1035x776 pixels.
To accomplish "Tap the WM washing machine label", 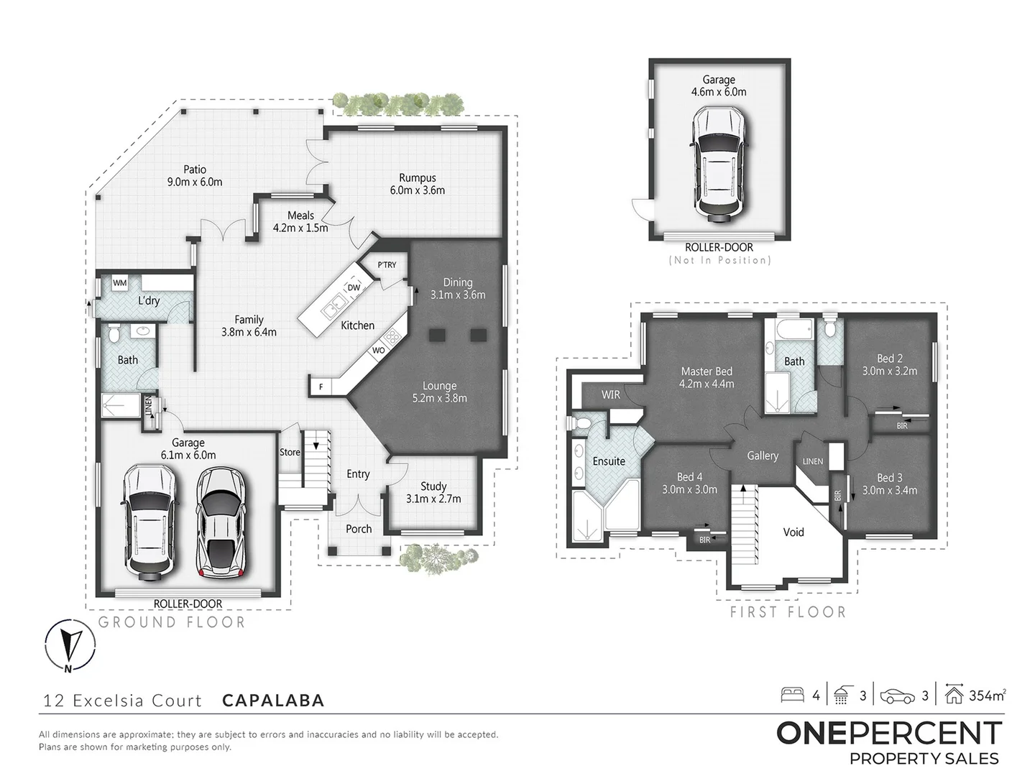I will pos(119,283).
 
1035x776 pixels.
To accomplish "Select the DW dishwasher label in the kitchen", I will pos(354,288).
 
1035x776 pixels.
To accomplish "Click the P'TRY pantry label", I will pos(387,265).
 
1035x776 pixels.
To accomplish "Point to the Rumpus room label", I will pos(418,178).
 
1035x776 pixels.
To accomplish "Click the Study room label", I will pos(433,486).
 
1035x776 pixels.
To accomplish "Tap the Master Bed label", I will pos(707,371).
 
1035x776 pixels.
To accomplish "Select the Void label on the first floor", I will pos(793,532).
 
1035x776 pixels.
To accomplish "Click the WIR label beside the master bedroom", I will pos(610,395).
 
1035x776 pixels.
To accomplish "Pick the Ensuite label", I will pos(609,461).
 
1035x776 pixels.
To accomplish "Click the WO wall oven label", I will pos(379,351).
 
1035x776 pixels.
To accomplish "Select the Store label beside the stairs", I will pos(290,453).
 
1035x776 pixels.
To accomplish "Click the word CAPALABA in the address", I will pos(273,701).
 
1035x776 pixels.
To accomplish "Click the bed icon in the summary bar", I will pos(793,695).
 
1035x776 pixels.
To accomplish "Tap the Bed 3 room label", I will pos(890,478).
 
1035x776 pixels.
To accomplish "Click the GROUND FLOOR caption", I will pos(172,623).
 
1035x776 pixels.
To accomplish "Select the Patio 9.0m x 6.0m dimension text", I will pos(195,183).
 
